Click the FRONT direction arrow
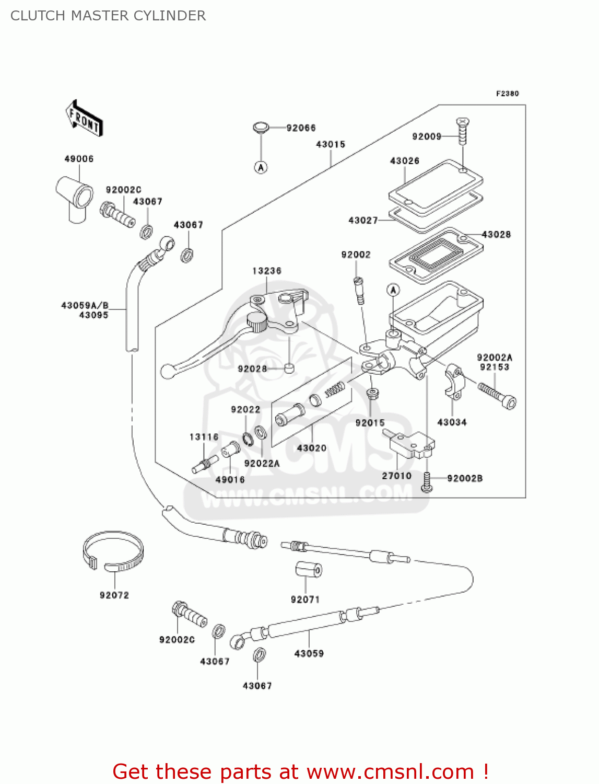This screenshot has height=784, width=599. [84, 119]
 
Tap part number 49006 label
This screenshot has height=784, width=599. [79, 159]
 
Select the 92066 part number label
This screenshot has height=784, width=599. [301, 128]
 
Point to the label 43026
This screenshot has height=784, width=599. [404, 161]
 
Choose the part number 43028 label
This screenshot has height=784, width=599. [496, 235]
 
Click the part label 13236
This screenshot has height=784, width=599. [266, 271]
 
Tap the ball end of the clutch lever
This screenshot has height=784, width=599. [167, 371]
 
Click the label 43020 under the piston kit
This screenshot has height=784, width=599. [311, 448]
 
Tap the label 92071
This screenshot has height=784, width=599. [305, 599]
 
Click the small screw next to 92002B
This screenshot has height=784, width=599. [426, 482]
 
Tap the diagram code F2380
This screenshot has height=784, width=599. [507, 94]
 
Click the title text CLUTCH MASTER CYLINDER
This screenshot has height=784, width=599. [108, 16]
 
